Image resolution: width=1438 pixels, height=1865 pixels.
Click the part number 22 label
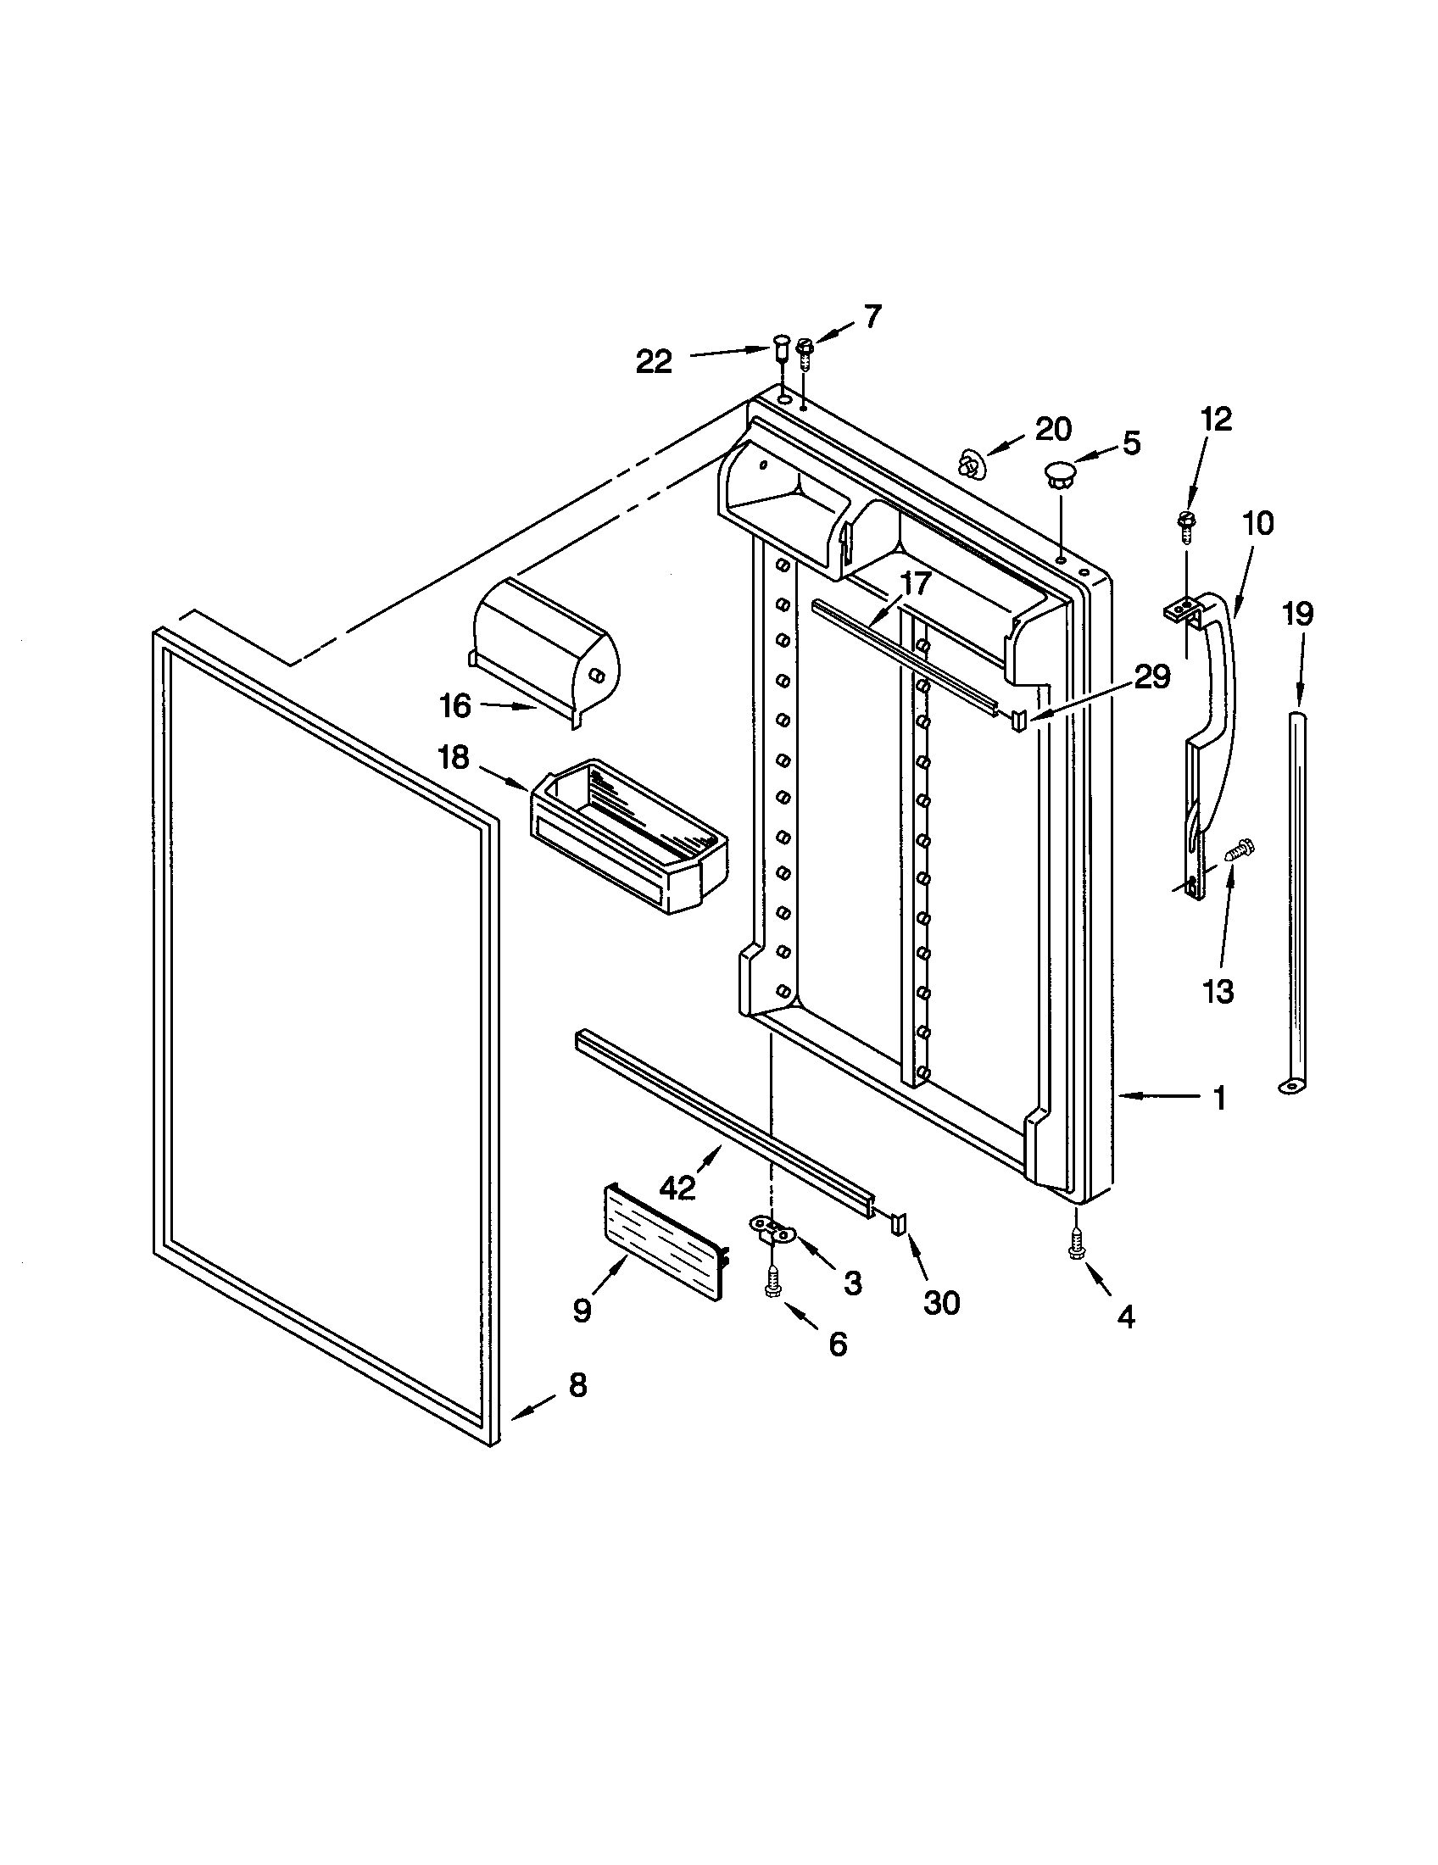click(x=654, y=362)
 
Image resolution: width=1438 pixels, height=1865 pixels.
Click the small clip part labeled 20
click(x=969, y=464)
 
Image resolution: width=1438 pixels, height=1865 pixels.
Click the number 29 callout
click(x=1151, y=677)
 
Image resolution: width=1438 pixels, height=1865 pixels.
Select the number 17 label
click(x=915, y=584)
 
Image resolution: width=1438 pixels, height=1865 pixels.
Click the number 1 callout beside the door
click(x=1220, y=1098)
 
